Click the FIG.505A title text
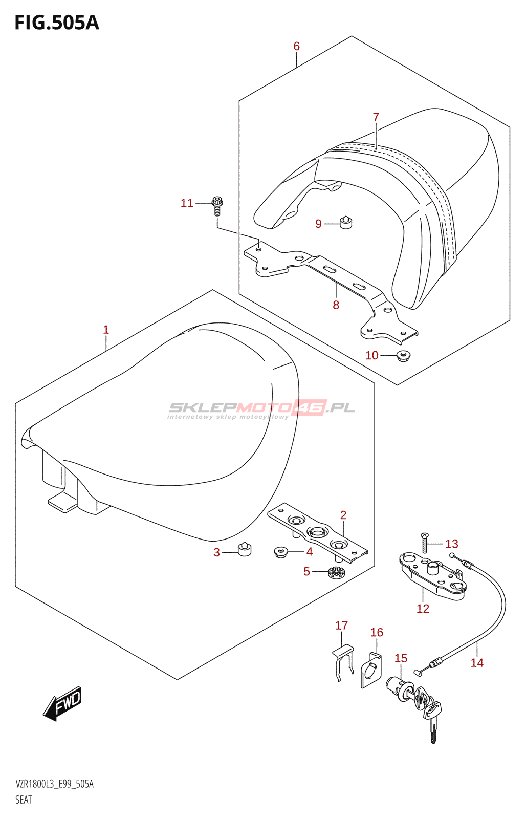tap(57, 23)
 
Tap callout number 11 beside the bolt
tap(187, 203)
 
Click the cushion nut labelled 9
tap(346, 223)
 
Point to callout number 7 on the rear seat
tap(376, 117)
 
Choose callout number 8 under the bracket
tap(336, 305)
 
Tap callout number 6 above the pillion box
tap(296, 46)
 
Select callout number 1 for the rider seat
tap(106, 330)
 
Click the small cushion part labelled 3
tap(245, 549)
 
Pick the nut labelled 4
tap(280, 552)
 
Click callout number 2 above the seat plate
tap(343, 515)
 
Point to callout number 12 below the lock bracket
tap(423, 609)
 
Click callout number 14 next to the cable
tap(477, 663)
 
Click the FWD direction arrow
tap(62, 703)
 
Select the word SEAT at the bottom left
tap(24, 800)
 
